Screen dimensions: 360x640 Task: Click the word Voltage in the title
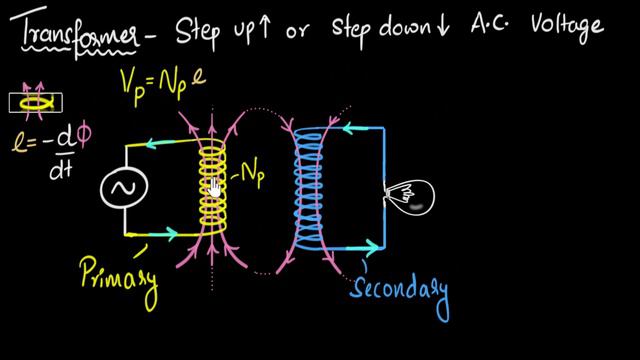tap(563, 26)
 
